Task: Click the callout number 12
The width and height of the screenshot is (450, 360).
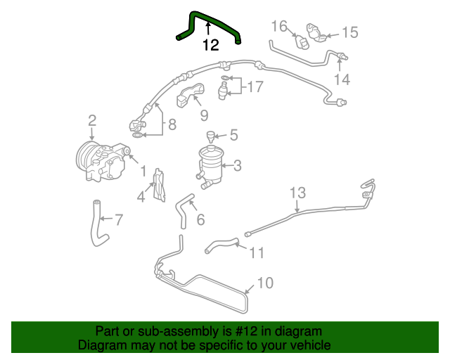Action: (x=210, y=46)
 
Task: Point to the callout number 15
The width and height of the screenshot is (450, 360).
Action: (x=349, y=32)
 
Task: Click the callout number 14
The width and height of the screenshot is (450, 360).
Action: (x=342, y=79)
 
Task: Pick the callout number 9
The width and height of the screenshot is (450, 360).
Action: (x=204, y=115)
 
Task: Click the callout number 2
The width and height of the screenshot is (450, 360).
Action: (x=92, y=121)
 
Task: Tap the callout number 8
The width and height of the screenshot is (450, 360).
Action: (x=172, y=127)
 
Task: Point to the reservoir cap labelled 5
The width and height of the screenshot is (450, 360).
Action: (x=210, y=134)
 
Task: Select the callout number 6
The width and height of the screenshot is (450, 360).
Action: (x=200, y=220)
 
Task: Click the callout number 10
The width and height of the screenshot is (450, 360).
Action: (x=265, y=283)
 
